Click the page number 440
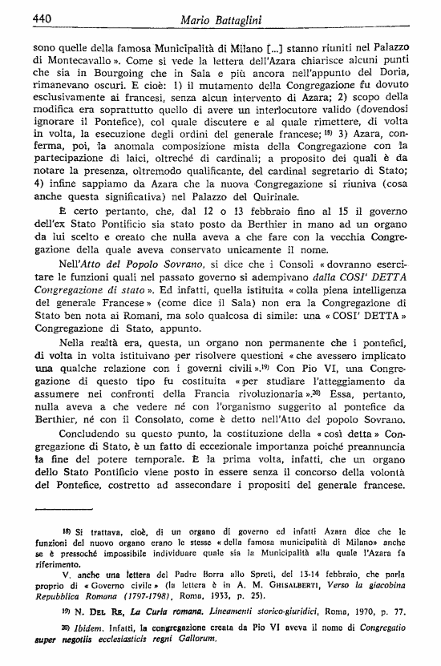tap(21, 15)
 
